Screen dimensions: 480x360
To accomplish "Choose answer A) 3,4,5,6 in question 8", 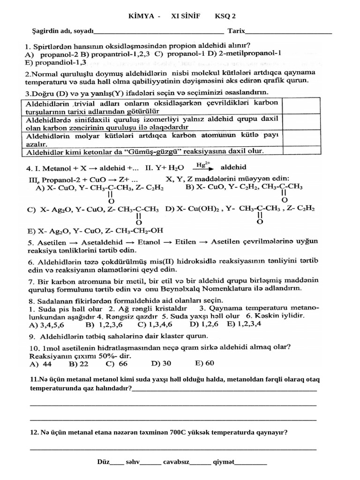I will [x=46, y=324].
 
